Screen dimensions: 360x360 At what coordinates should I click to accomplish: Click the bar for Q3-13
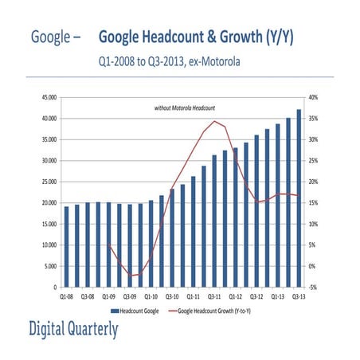[299, 198]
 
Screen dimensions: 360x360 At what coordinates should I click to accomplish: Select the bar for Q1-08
[66, 246]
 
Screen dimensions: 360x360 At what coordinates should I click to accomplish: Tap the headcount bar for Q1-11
[193, 232]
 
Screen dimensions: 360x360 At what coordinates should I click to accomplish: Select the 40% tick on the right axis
[313, 97]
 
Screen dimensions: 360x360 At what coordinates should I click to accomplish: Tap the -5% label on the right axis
[313, 288]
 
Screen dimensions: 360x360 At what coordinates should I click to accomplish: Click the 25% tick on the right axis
[313, 161]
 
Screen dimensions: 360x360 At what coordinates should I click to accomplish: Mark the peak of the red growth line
[214, 122]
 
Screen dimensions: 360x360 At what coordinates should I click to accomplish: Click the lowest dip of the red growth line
[130, 276]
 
